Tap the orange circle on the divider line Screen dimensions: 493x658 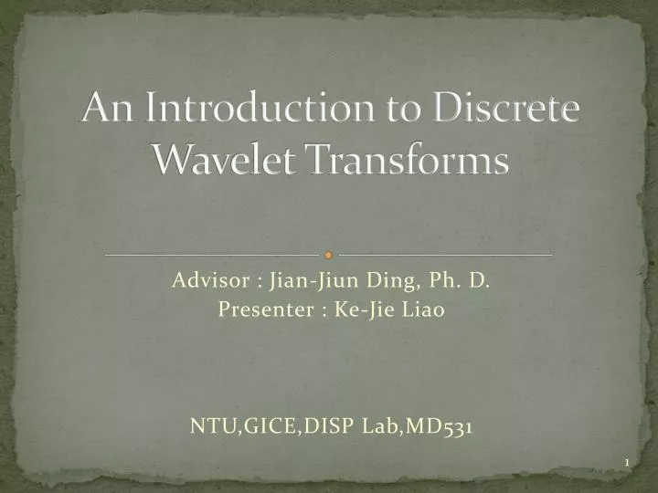329,254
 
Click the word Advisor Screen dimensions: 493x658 206,281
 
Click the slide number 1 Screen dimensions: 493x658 627,464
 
